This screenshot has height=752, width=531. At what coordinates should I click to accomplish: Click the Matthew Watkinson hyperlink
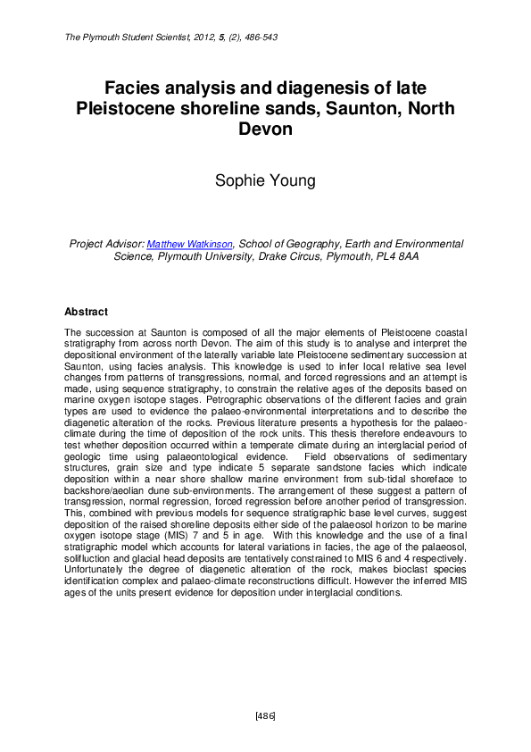189,244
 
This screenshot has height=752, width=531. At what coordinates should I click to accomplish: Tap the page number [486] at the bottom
265,716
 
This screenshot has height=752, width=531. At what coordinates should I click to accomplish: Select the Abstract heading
86,313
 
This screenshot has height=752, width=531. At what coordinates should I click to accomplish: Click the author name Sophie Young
265,181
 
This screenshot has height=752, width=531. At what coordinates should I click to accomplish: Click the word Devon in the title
265,130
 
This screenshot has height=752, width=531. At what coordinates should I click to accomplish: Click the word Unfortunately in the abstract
100,571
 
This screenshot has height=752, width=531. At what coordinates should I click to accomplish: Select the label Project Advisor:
106,244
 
